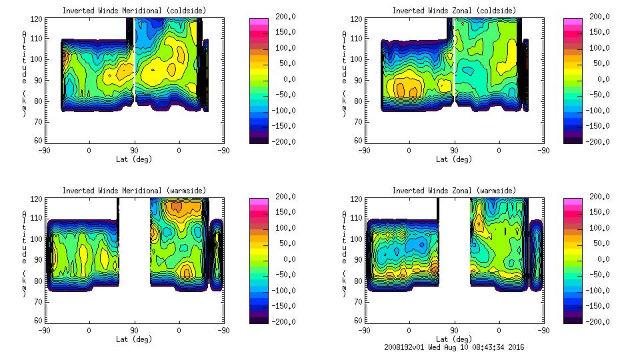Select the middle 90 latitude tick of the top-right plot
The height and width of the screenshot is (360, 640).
(454, 151)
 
